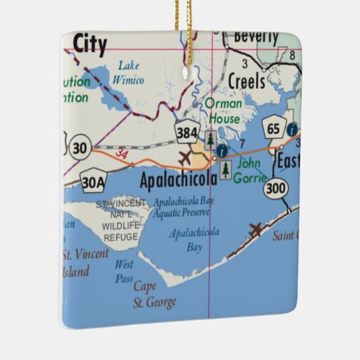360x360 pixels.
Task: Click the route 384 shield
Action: [x=187, y=132]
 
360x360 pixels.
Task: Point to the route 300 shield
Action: [x=276, y=186]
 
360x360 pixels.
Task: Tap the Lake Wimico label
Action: [x=130, y=73]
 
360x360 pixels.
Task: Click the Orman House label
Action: [x=223, y=111]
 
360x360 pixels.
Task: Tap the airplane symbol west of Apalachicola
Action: [x=185, y=159]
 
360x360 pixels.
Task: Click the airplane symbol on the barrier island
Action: [x=256, y=230]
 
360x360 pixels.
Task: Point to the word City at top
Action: [x=90, y=45]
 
